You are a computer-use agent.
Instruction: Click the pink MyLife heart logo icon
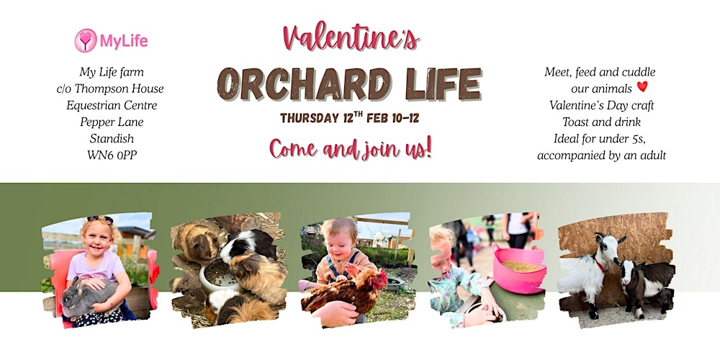[x=86, y=40]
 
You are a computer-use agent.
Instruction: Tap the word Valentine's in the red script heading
[x=351, y=37]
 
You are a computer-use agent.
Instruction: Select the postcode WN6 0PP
[x=111, y=154]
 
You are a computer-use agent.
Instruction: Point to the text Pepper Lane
[x=112, y=122]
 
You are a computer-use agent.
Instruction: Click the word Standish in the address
[x=112, y=138]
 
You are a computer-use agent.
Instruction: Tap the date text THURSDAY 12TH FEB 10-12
[x=349, y=117]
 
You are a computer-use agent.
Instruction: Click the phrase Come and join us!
[x=350, y=148]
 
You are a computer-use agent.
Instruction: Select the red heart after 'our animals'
[x=642, y=87]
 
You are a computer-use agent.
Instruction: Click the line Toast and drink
[x=600, y=121]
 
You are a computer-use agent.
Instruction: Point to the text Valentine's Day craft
[x=600, y=104]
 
